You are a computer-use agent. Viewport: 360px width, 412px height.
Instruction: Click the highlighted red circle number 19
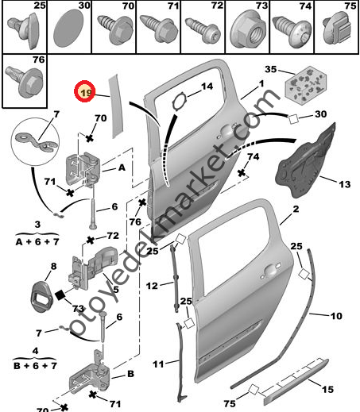(85, 93)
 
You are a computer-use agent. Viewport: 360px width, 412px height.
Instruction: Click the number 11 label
(158, 364)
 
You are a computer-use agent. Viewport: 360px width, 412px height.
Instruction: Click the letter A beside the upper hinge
(122, 168)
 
